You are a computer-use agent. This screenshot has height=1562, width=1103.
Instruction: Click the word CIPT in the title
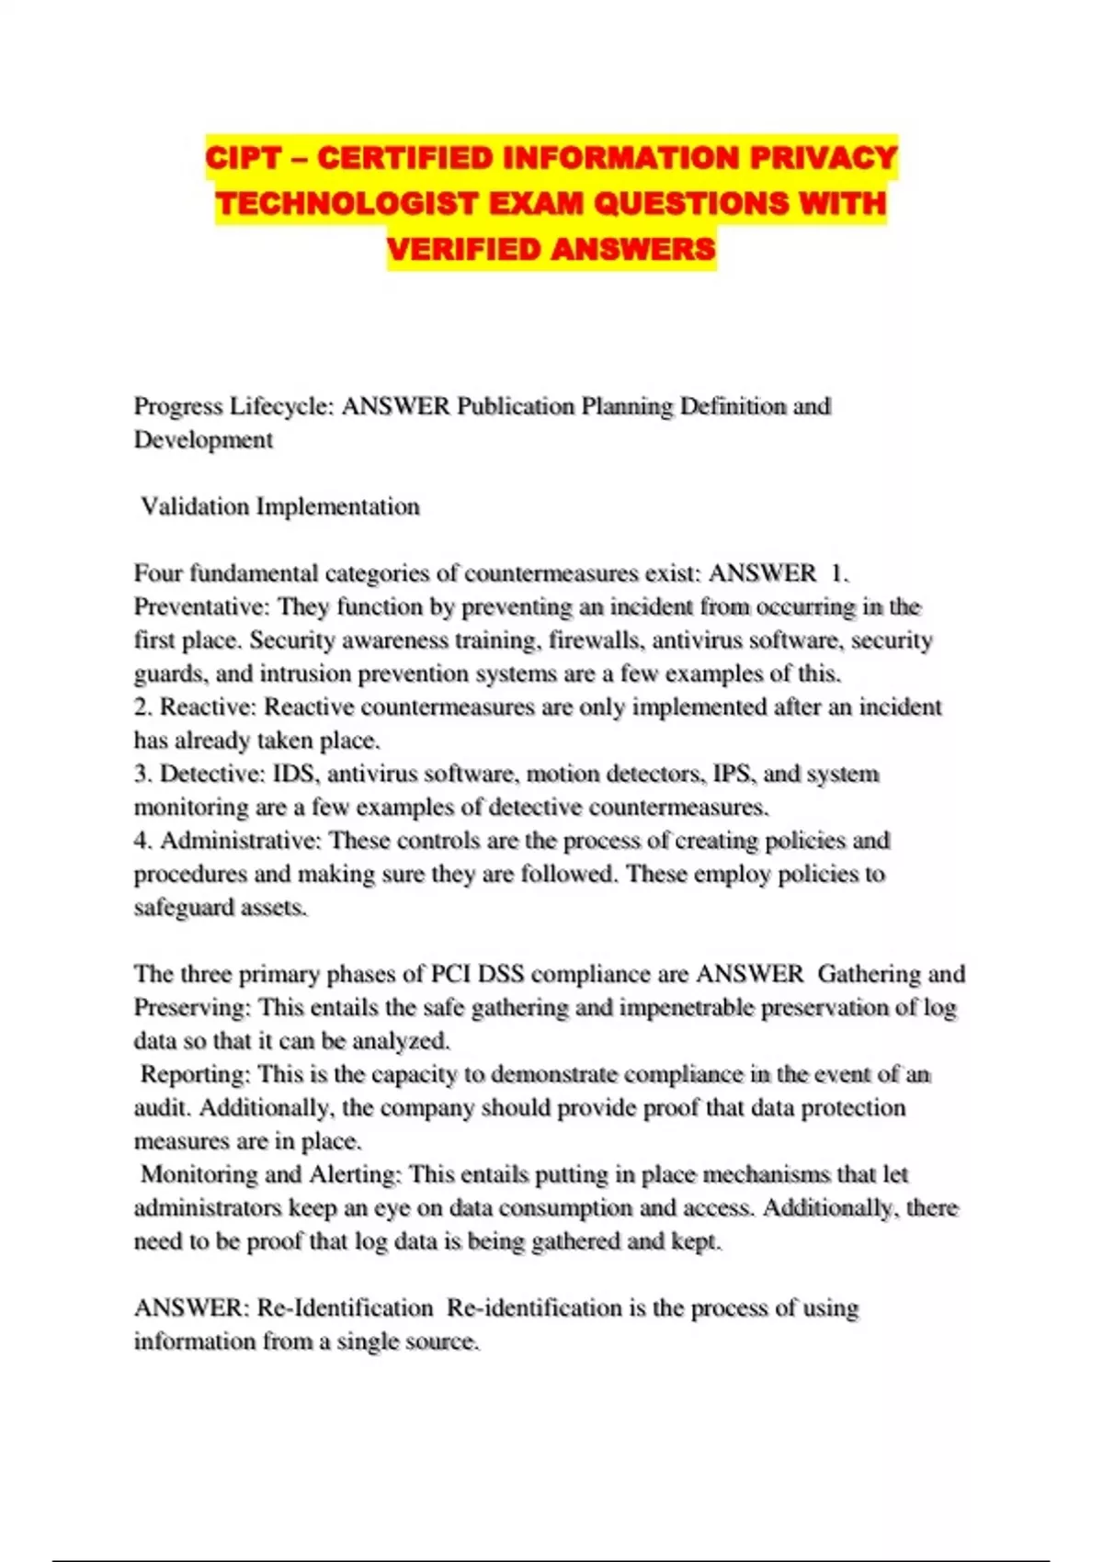(x=243, y=158)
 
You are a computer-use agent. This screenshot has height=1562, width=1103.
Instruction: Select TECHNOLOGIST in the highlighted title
(x=346, y=203)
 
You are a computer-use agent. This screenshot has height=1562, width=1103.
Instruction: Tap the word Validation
(x=195, y=506)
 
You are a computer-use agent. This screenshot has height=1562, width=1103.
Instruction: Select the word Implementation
(x=337, y=506)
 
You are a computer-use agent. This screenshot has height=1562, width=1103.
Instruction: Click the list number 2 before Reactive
(x=142, y=707)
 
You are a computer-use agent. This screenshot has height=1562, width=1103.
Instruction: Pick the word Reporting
(x=195, y=1074)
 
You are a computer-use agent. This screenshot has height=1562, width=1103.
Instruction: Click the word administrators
(x=208, y=1207)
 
